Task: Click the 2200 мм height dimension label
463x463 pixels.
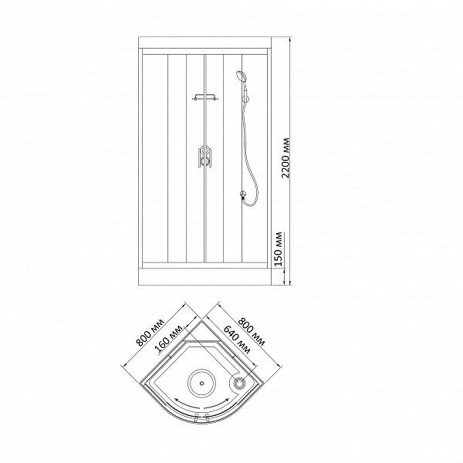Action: point(286,158)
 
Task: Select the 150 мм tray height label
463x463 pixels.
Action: point(279,249)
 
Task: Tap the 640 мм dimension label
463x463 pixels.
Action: point(237,340)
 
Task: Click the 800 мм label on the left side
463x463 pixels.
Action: point(150,332)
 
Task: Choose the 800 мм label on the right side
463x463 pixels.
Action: point(252,332)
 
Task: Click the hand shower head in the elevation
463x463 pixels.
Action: point(241,76)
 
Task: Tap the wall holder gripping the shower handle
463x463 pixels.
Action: point(245,98)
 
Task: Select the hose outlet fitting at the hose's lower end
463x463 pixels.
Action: point(243,194)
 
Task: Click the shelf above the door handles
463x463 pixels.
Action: point(205,97)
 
